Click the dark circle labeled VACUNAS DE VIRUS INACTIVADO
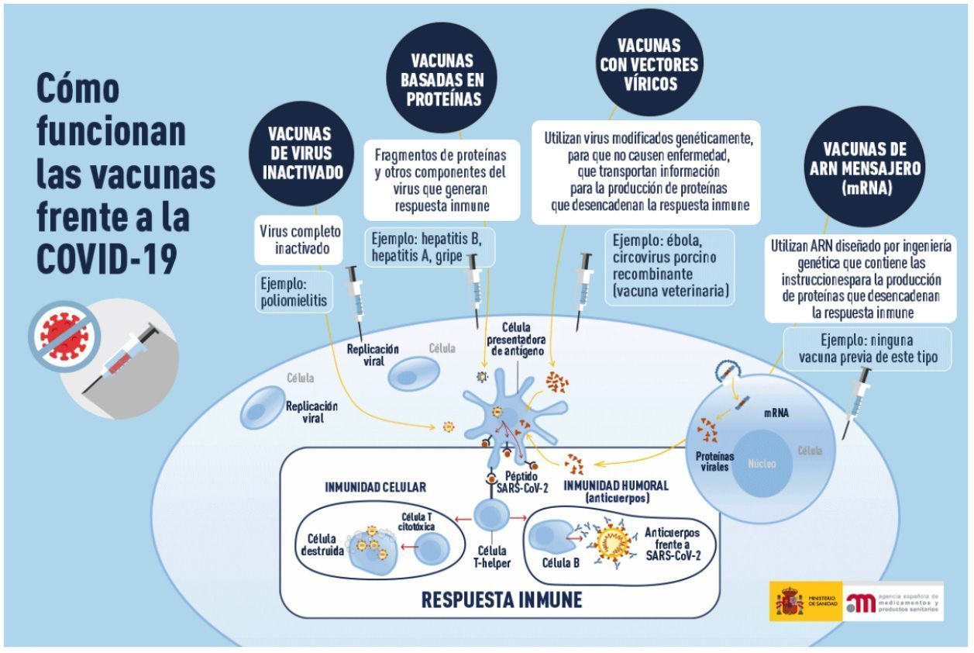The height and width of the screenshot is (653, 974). coord(301,154)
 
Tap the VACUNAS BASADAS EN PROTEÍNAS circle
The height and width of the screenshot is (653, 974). coord(442,78)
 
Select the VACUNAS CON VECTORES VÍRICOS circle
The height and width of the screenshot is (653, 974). coord(649,62)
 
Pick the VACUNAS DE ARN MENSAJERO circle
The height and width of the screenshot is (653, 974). coord(865,167)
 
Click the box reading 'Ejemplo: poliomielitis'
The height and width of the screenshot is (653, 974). coord(294,292)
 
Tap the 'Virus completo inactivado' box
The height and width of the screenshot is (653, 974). coord(299,240)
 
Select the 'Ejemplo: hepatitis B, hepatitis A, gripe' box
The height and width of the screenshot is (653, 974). coord(429,247)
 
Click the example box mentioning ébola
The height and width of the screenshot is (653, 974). coord(669,267)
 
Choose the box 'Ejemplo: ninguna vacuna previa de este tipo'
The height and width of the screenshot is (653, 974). coord(868,349)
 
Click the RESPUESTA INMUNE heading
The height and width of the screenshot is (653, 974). coord(502,600)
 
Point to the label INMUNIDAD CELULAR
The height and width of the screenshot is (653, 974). coord(376,487)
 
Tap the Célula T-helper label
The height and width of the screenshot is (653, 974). coord(492,557)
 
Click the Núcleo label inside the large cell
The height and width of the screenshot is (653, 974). coord(762,464)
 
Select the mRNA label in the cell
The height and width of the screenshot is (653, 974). coord(776,413)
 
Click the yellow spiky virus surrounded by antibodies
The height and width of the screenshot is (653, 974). coord(614,542)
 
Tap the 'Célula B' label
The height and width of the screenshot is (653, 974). coord(561,563)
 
